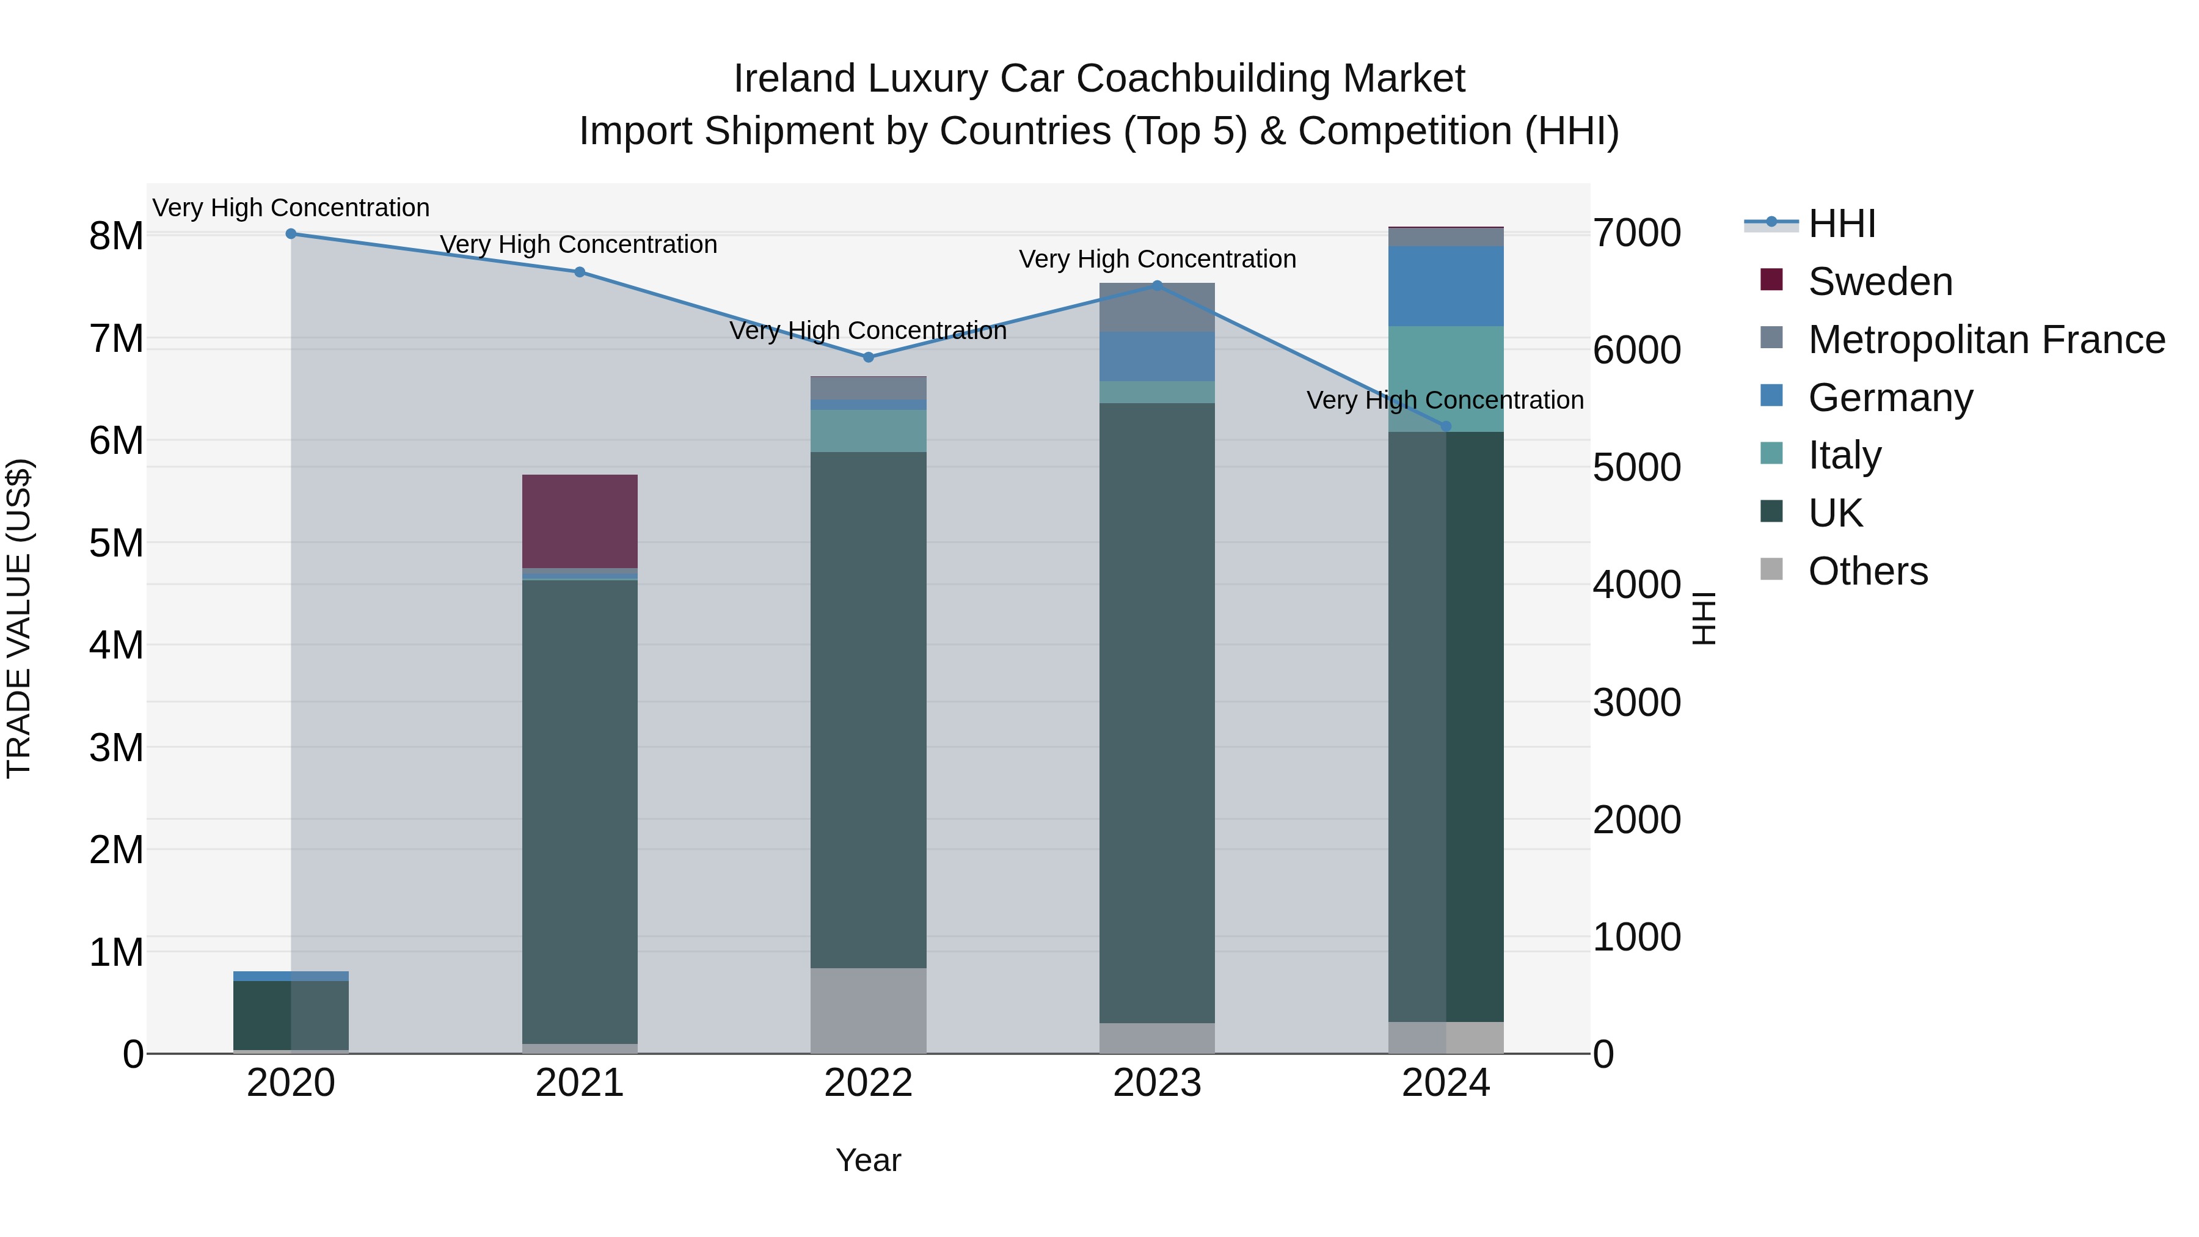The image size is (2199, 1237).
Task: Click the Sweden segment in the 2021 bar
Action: point(580,520)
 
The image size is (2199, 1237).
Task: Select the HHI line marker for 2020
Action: point(291,234)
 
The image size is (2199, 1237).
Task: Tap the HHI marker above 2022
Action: point(868,357)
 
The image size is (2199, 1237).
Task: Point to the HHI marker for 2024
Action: point(1445,426)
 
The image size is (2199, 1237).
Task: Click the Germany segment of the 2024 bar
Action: point(1445,286)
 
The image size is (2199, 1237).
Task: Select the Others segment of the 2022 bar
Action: point(868,1010)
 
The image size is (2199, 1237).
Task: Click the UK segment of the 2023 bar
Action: point(1157,713)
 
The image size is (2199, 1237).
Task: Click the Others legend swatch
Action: point(1771,569)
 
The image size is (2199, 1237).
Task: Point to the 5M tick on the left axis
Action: point(117,543)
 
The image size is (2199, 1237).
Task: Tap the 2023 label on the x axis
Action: point(1157,1083)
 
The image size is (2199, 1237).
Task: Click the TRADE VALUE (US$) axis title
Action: point(19,618)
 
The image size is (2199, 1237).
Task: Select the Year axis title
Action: point(868,1160)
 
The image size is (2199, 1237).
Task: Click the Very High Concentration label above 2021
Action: point(579,244)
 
